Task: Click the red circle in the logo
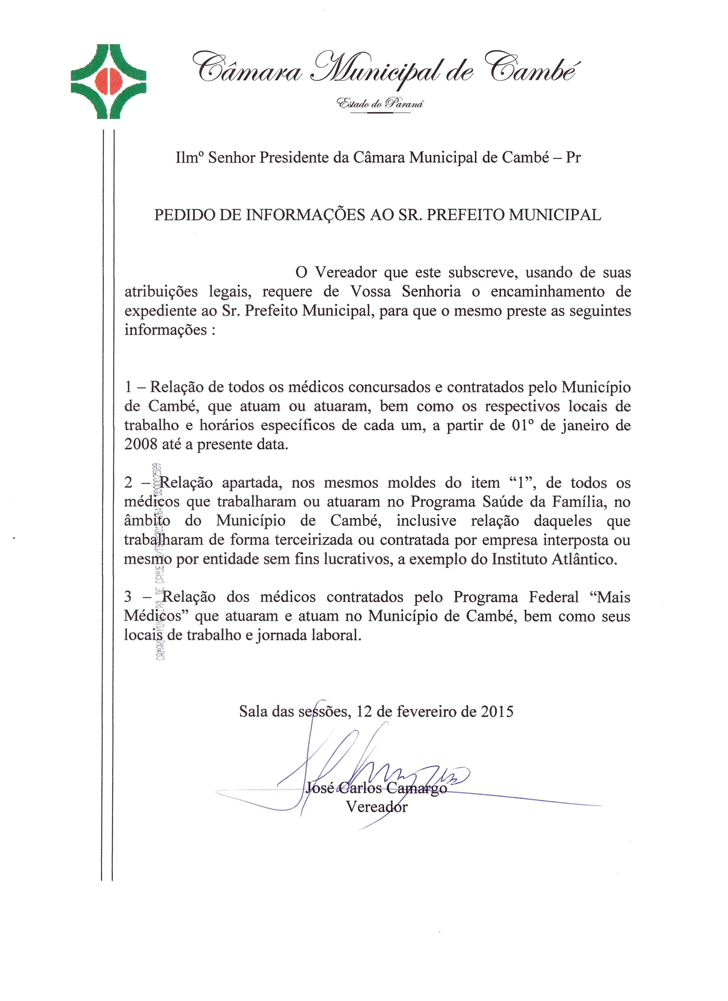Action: pyautogui.click(x=109, y=82)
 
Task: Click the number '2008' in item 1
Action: pyautogui.click(x=140, y=444)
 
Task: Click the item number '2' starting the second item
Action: pyautogui.click(x=128, y=483)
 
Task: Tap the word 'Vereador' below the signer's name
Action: pyautogui.click(x=377, y=807)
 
